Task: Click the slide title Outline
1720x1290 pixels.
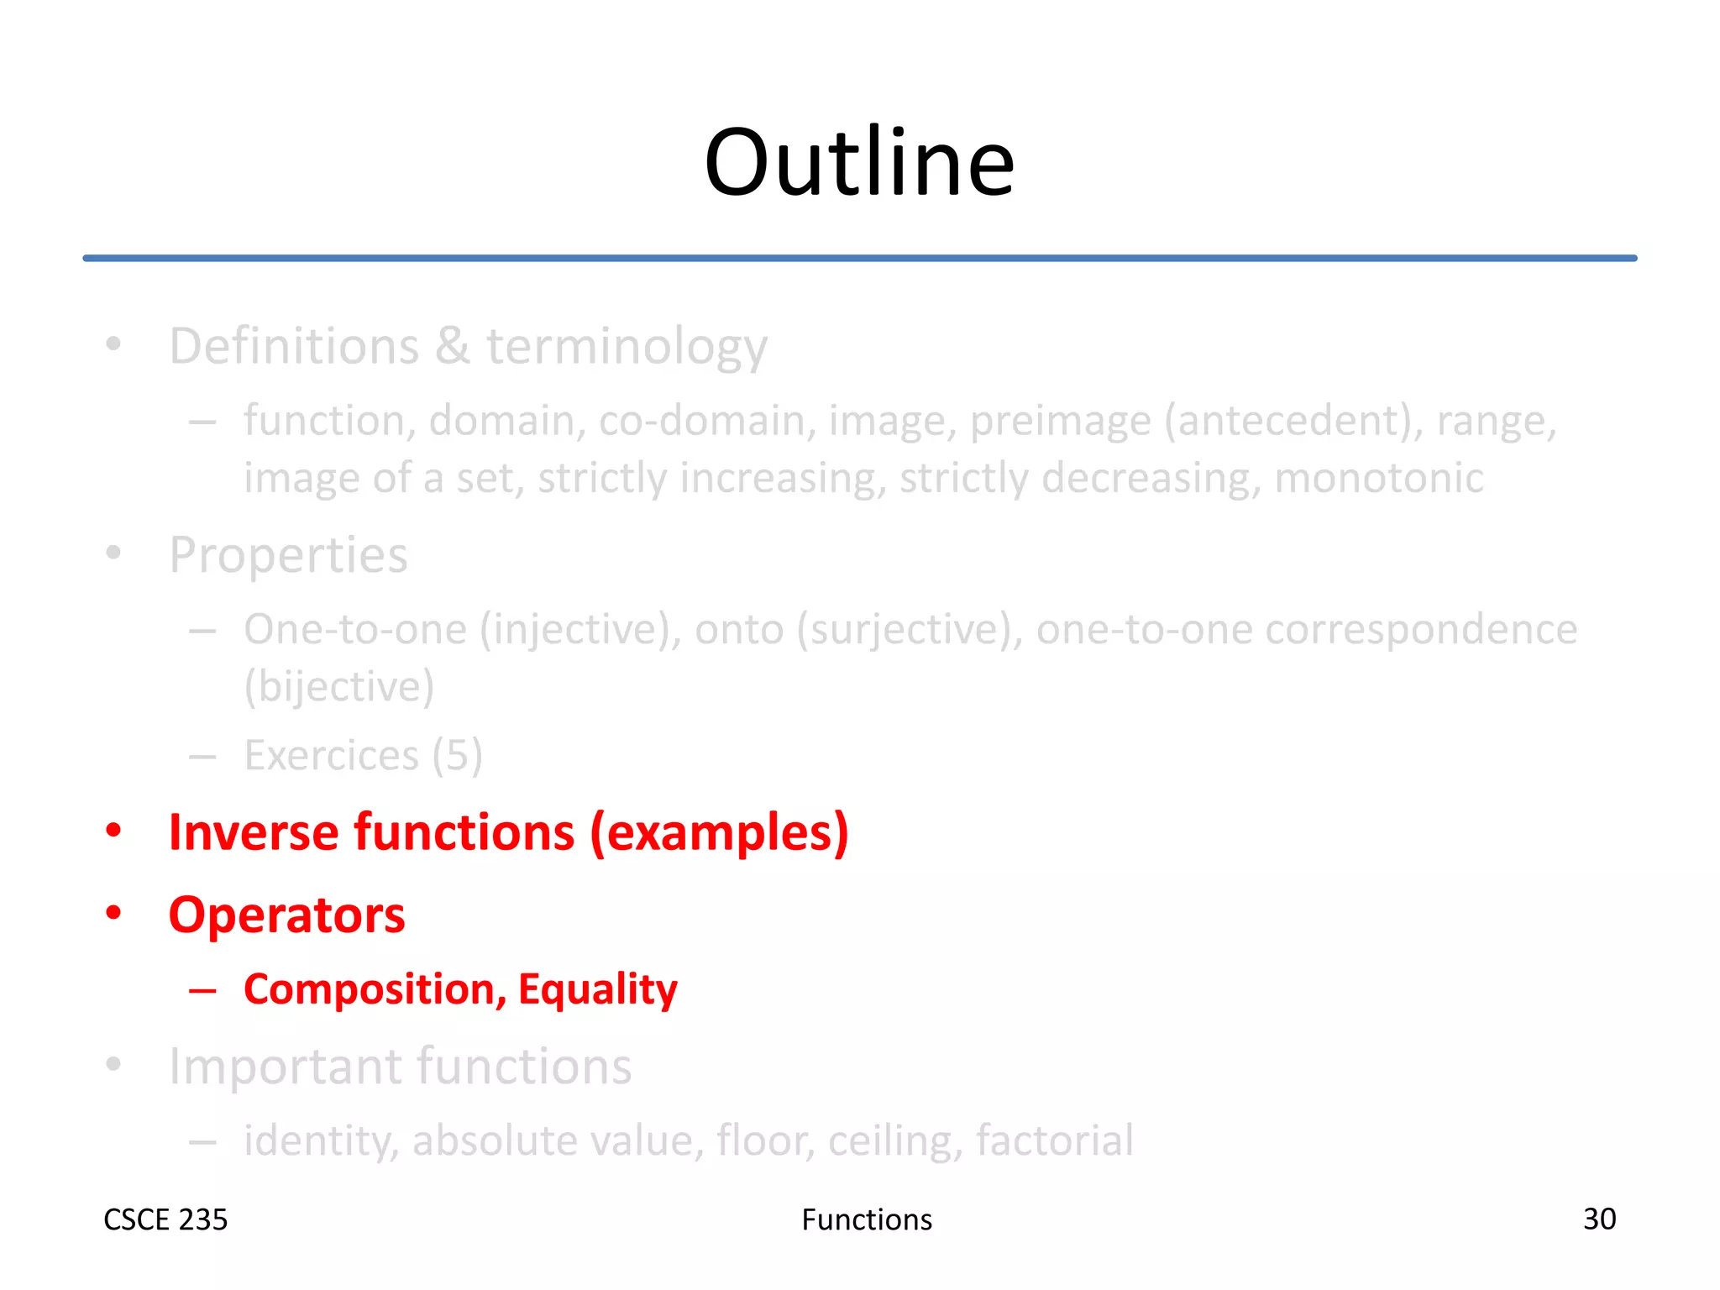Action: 858,163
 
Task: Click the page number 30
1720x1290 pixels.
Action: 1598,1219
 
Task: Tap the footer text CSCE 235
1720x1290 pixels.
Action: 165,1219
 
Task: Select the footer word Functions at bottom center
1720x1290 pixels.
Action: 866,1219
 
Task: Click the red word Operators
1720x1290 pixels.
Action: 286,915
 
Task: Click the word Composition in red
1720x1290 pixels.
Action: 375,989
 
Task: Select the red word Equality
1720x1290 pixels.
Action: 597,989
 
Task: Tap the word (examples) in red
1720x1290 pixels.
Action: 719,832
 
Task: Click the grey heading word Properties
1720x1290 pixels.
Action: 288,555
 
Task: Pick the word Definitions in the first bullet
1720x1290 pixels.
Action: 294,346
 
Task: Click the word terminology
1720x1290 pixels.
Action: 627,346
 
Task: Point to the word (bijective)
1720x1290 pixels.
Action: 338,687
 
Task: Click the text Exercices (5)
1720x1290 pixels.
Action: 363,755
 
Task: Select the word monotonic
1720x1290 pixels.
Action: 1378,478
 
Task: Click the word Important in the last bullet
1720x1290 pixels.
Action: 286,1067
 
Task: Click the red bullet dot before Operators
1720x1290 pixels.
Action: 113,913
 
